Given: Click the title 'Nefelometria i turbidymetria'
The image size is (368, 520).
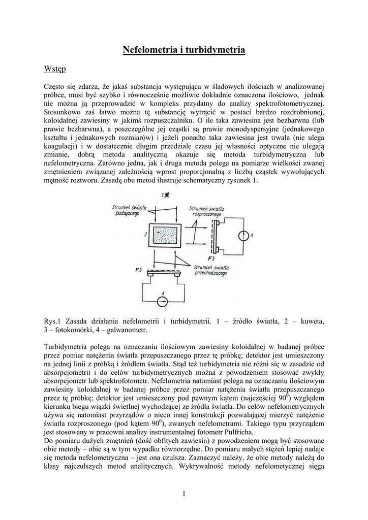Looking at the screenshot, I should tap(184, 50).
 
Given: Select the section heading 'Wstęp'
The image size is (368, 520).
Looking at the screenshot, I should tap(54, 68).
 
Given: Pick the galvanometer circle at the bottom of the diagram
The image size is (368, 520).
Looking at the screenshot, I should tap(162, 302).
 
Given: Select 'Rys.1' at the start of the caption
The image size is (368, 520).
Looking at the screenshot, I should tap(53, 321).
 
